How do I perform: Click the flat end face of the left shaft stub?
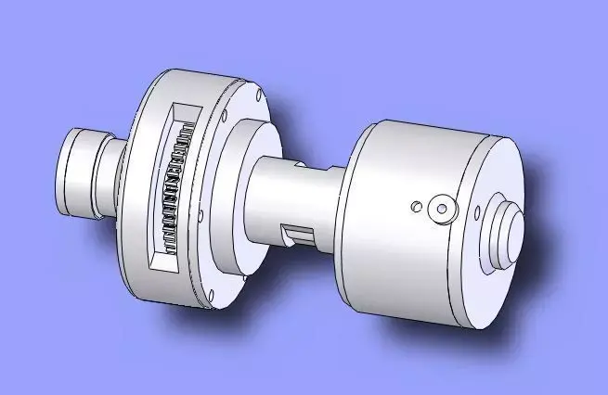point(76,173)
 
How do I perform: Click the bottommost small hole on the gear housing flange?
point(213,298)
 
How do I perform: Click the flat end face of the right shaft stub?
point(511,231)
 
